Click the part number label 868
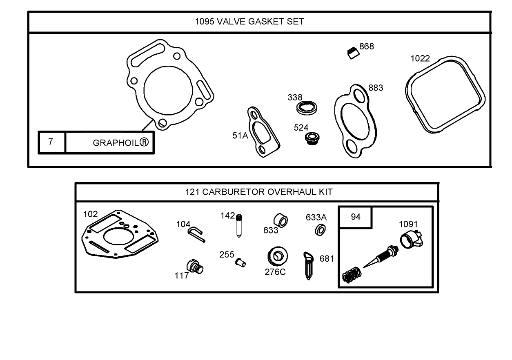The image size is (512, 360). (x=366, y=47)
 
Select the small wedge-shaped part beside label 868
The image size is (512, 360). (x=353, y=53)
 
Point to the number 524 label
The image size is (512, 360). (x=301, y=128)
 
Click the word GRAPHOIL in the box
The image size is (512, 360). (x=116, y=143)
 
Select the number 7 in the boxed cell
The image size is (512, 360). (x=51, y=142)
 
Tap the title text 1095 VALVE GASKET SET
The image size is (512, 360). (x=249, y=22)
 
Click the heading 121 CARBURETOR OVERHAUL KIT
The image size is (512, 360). (x=259, y=192)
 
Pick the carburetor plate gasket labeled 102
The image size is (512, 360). (x=122, y=235)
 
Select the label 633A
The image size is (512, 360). (x=316, y=218)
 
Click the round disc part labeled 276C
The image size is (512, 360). (x=277, y=256)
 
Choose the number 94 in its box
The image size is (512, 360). (x=356, y=217)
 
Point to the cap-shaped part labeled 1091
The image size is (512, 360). (x=410, y=240)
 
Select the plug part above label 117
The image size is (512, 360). (x=195, y=267)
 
